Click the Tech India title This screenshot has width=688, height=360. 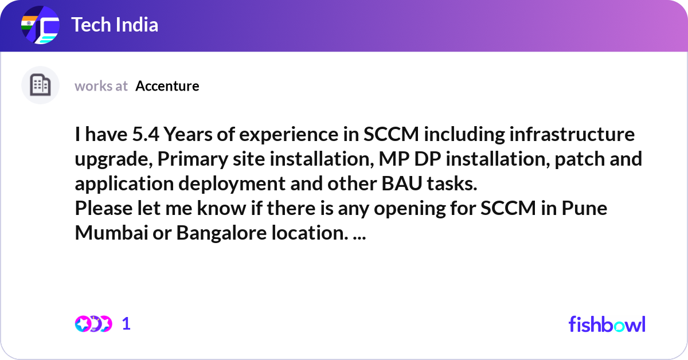point(115,25)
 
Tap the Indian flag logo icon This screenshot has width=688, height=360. point(40,26)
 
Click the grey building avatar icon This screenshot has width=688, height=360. point(40,85)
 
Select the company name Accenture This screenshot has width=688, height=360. point(167,86)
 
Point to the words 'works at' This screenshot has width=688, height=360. point(101,86)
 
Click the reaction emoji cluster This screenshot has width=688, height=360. point(93,324)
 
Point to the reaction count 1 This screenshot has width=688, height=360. point(126,324)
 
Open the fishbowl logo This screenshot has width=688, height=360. point(607,324)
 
